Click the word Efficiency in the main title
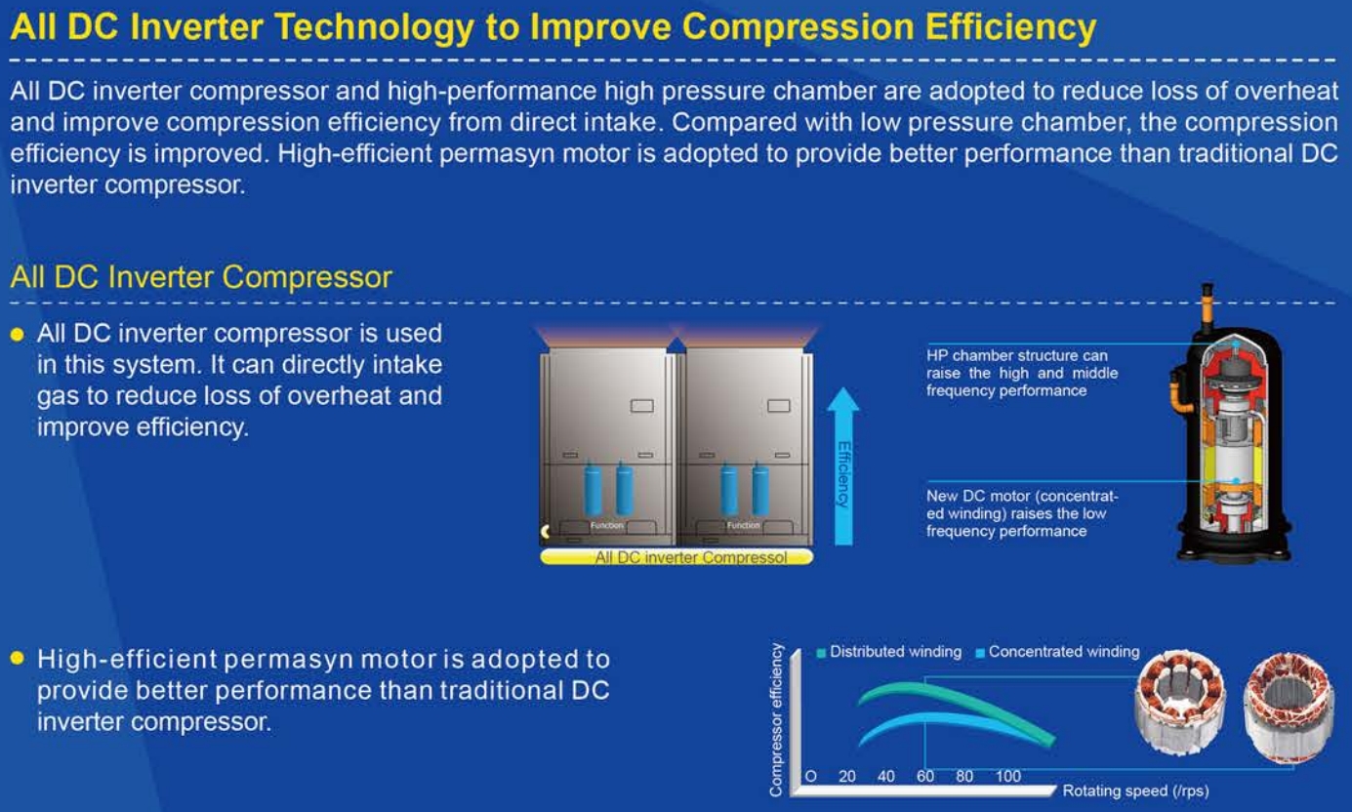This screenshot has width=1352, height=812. click(x=1010, y=28)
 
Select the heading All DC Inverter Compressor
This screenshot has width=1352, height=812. click(x=201, y=277)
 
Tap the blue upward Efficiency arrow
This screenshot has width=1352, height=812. click(x=843, y=467)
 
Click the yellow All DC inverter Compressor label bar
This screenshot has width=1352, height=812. click(x=676, y=557)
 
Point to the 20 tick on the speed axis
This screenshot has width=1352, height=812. click(x=846, y=777)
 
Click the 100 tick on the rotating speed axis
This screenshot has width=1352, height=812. click(x=1008, y=777)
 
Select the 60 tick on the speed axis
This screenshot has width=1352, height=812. click(x=925, y=777)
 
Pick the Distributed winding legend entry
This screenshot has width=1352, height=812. click(x=889, y=652)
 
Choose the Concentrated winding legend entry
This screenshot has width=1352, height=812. click(x=1057, y=652)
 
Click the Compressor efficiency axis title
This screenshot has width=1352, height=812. click(x=776, y=720)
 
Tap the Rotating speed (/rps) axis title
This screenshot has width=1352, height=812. click(x=1135, y=791)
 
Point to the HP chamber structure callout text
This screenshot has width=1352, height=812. click(x=1022, y=373)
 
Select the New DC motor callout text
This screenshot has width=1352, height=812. click(x=1022, y=513)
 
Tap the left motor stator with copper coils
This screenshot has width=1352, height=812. click(x=1180, y=702)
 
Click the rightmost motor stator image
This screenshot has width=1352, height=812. click(x=1289, y=706)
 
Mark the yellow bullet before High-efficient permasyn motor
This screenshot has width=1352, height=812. click(x=18, y=658)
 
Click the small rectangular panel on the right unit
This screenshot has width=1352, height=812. click(x=779, y=406)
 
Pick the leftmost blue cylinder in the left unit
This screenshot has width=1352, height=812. click(x=593, y=488)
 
